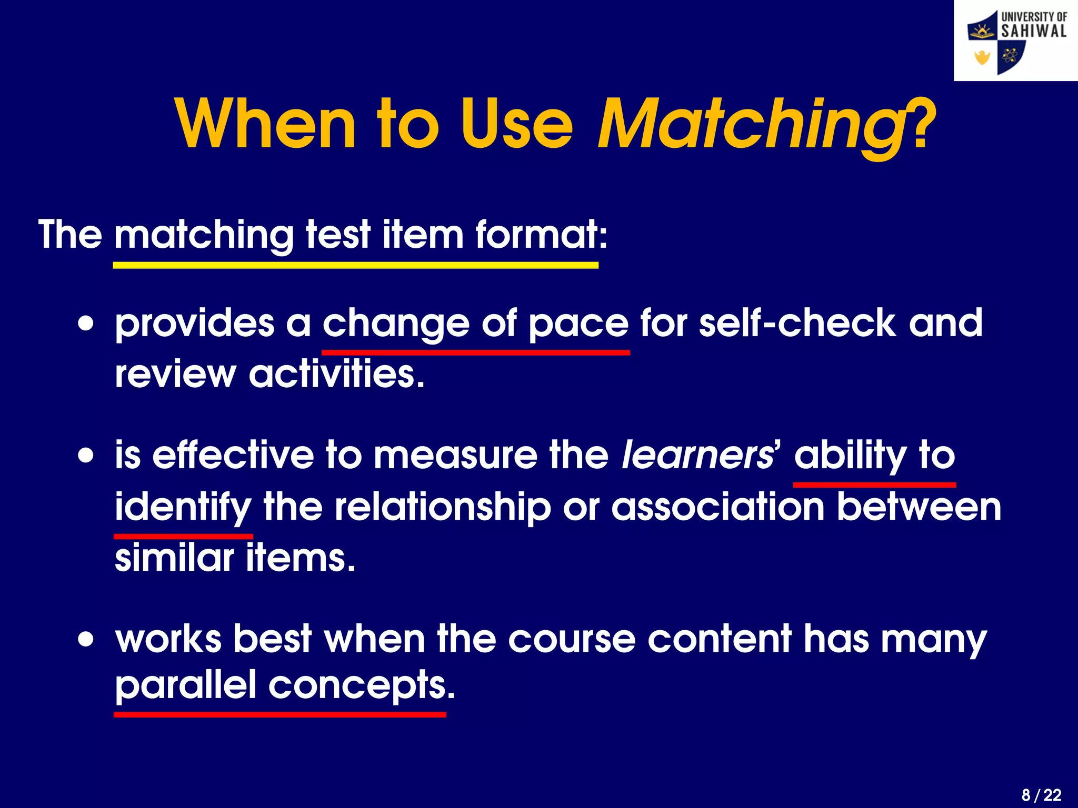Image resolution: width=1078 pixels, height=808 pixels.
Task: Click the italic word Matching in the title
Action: [750, 125]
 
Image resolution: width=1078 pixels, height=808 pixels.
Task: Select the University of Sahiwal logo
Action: [1016, 41]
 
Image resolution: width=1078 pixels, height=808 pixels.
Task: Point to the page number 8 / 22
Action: [1041, 795]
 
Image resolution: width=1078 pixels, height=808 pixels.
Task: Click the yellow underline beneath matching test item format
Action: [355, 266]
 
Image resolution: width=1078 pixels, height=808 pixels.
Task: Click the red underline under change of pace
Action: [475, 352]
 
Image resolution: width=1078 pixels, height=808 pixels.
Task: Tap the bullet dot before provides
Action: [86, 323]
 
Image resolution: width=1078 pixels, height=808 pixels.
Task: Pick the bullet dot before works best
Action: [86, 640]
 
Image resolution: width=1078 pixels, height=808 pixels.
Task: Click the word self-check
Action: [796, 323]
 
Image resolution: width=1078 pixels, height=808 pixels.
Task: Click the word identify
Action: [183, 508]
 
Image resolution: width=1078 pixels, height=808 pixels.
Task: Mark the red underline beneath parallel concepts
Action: [280, 714]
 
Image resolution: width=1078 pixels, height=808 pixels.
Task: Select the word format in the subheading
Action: [541, 235]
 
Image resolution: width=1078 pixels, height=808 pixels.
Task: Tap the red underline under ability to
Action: [874, 484]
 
